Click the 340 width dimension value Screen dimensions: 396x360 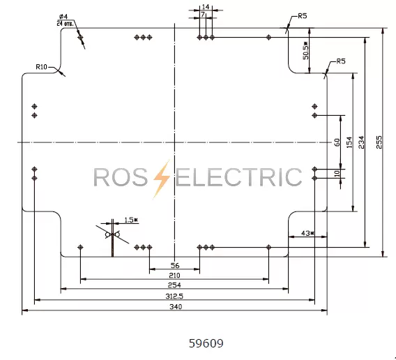[176, 307]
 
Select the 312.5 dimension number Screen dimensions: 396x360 [174, 296]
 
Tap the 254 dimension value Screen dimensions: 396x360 [174, 285]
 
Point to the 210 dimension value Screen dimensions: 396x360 [174, 276]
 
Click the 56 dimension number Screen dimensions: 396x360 [175, 265]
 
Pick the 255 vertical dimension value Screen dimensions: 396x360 [379, 142]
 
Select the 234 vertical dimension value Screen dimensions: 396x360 [362, 142]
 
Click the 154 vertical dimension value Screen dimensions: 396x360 [349, 142]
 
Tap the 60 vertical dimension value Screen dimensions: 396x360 [337, 142]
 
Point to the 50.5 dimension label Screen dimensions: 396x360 [305, 51]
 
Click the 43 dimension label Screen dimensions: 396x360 [307, 233]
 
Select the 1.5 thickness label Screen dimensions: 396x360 [131, 220]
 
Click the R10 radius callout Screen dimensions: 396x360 [41, 67]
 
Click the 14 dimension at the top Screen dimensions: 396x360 [206, 7]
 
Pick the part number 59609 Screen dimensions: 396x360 [206, 343]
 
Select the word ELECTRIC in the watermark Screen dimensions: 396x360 [238, 177]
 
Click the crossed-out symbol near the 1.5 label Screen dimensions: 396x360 [112, 235]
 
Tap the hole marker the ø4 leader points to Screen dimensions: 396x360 [80, 38]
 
